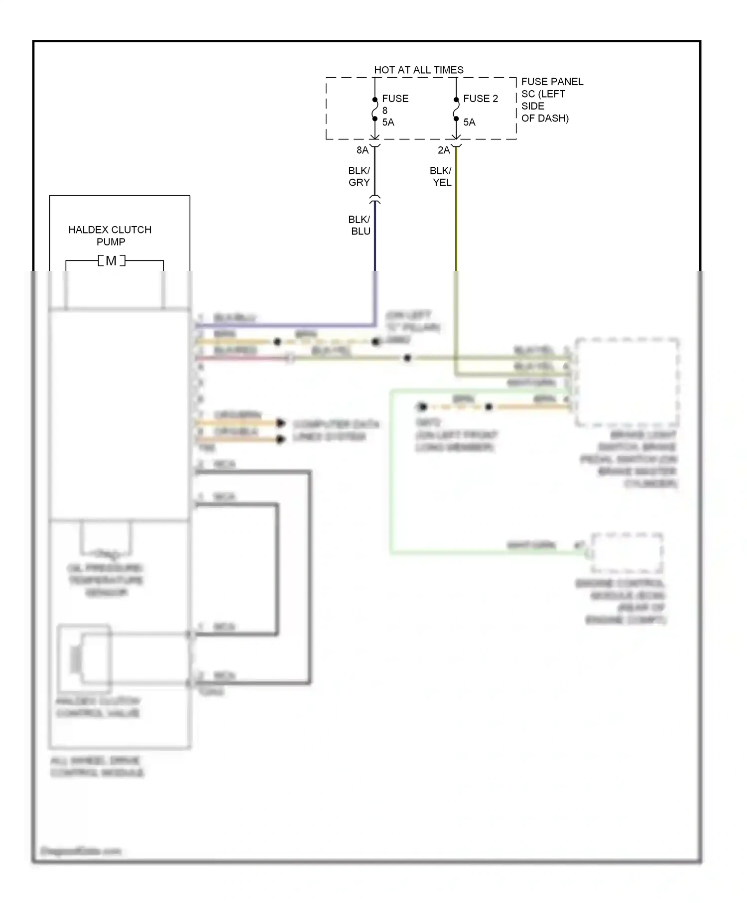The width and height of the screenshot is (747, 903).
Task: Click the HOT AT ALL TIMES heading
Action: (418, 70)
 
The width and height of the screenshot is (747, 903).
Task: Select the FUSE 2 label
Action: (480, 99)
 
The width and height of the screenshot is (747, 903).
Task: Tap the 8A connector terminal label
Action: (362, 150)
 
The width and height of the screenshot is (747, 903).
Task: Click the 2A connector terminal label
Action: (443, 150)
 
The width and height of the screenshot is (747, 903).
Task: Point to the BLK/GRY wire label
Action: (359, 177)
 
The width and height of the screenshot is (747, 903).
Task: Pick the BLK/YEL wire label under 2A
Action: (441, 177)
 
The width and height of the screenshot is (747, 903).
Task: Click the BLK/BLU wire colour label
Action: (360, 226)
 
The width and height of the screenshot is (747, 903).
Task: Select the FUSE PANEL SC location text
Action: (551, 100)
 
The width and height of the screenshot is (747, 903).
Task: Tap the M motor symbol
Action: (111, 260)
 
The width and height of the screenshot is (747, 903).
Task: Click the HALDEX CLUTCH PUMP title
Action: (110, 235)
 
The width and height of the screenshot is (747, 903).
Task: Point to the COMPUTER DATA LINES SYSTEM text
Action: (335, 431)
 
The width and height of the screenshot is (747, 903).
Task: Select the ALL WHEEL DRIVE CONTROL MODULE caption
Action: (97, 767)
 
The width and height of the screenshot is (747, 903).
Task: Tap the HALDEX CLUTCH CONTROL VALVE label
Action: (98, 707)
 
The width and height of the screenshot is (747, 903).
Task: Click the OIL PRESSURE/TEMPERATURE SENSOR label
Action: (106, 580)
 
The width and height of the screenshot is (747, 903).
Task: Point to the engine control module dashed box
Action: (626, 553)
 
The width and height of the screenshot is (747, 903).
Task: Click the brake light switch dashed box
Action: (627, 382)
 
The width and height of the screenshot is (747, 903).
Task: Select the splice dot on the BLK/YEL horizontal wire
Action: (407, 358)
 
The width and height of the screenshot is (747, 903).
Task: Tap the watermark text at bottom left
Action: (81, 851)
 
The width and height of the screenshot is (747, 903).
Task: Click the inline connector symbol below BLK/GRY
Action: (375, 200)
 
